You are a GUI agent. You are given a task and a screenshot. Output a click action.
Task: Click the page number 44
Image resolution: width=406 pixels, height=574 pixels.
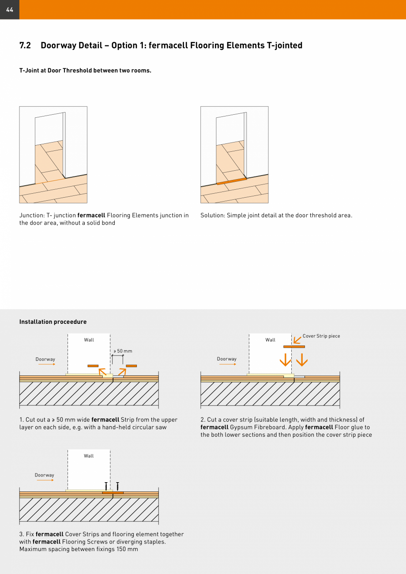click(x=10, y=10)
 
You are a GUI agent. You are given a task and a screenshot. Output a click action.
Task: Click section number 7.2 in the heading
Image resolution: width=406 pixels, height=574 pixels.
click(x=25, y=45)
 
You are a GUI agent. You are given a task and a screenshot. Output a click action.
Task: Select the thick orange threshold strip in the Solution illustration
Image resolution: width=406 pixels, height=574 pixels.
click(x=232, y=181)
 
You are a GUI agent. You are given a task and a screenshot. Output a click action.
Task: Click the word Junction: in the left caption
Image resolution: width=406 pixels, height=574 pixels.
click(x=31, y=215)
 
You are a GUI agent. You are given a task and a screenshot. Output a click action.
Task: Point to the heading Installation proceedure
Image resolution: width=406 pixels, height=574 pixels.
click(x=53, y=322)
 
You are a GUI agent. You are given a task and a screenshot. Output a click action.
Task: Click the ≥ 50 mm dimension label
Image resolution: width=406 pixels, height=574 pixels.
click(x=123, y=351)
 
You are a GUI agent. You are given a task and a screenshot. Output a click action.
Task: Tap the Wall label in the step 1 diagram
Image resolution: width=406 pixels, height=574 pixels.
click(x=89, y=340)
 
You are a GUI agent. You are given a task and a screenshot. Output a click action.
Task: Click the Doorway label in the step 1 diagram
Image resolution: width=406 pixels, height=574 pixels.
click(x=45, y=359)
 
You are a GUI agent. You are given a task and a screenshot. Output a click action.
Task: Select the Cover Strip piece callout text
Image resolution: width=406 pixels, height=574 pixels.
click(x=321, y=336)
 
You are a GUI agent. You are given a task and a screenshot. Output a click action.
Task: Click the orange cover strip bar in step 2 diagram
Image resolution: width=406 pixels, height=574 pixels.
click(x=294, y=347)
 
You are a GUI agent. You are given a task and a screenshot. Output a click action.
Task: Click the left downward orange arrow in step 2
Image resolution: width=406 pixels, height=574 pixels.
click(x=285, y=360)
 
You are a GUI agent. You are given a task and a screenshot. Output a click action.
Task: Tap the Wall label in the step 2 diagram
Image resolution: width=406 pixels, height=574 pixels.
click(x=270, y=340)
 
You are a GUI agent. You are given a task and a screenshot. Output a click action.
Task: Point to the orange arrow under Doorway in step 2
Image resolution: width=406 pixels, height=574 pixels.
click(x=227, y=364)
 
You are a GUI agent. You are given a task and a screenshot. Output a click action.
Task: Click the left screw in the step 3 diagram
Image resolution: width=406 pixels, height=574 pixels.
click(x=106, y=486)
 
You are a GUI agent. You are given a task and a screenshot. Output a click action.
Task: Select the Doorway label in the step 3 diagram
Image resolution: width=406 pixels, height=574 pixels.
click(x=45, y=475)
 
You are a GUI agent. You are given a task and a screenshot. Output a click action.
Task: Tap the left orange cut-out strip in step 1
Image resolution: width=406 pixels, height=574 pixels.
click(x=93, y=366)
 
